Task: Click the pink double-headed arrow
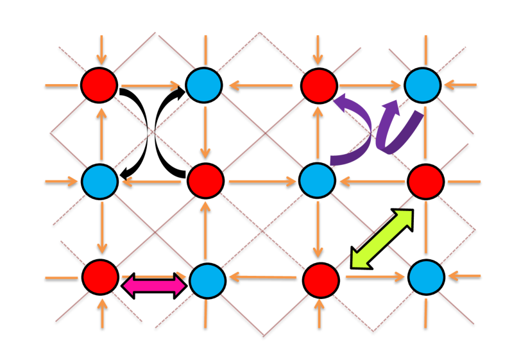click(x=154, y=286)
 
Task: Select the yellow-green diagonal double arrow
click(x=382, y=239)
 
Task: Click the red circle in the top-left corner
click(x=99, y=85)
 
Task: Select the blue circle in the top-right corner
click(x=422, y=85)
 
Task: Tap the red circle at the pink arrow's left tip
click(x=100, y=277)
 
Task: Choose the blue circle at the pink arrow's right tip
click(x=207, y=280)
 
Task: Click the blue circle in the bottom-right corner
click(x=426, y=277)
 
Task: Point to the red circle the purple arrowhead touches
click(x=319, y=86)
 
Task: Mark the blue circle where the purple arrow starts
click(x=317, y=180)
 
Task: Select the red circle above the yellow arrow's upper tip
click(x=425, y=182)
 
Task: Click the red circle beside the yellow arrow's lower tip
click(x=321, y=280)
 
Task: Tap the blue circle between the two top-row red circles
click(x=204, y=85)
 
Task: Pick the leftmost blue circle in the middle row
click(x=99, y=182)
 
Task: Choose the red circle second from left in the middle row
click(x=205, y=181)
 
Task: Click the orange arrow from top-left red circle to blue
click(x=151, y=85)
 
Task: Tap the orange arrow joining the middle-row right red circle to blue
click(x=372, y=182)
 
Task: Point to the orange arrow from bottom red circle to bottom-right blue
click(x=375, y=277)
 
